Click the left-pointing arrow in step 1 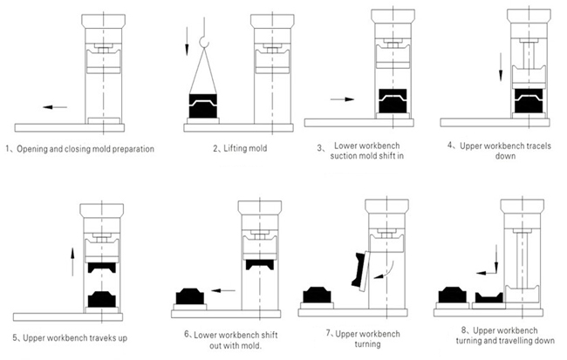point(55,107)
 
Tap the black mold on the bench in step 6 point(190,296)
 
